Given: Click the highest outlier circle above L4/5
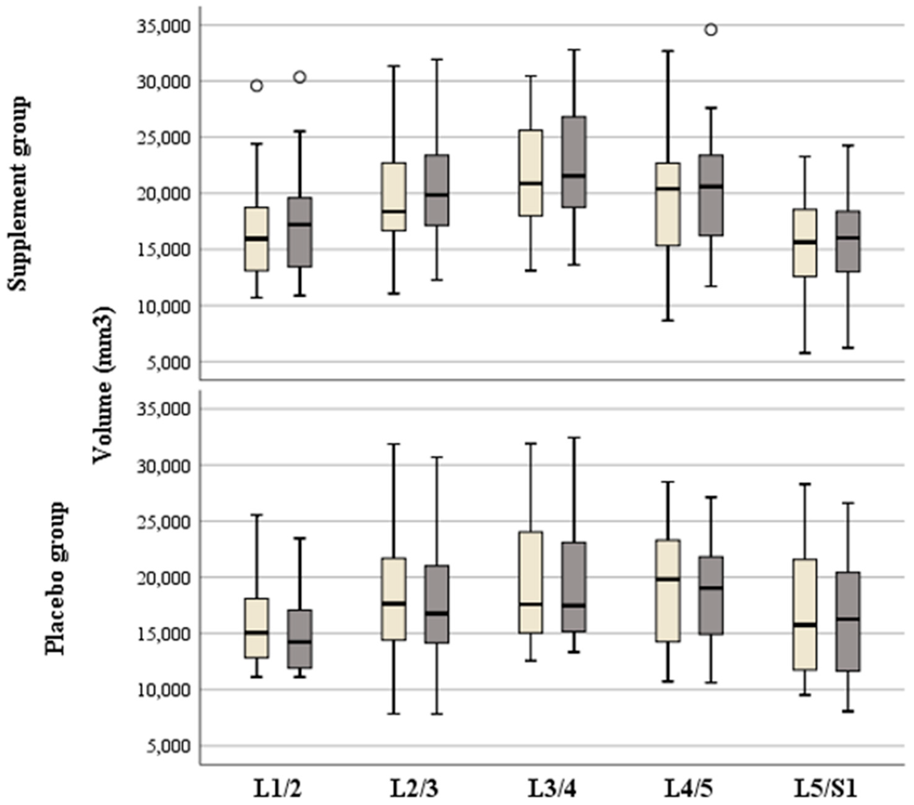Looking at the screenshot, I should [711, 30].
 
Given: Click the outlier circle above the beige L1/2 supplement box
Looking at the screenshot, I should [257, 86].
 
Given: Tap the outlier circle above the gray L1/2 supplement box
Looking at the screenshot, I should [300, 77].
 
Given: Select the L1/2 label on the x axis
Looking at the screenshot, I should [278, 789].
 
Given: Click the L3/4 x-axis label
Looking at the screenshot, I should [552, 789].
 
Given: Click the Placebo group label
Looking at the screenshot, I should [56, 579].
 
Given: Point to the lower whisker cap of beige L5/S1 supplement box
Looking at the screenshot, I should [805, 353].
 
